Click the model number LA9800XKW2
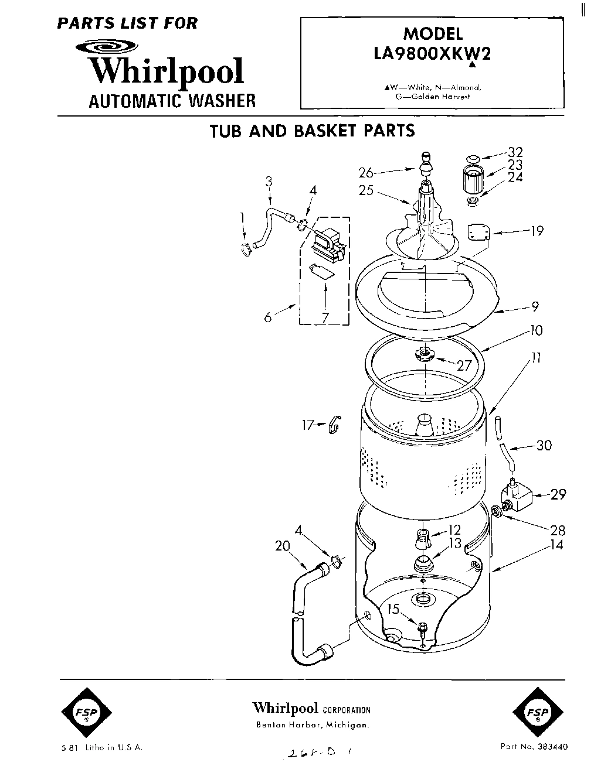(x=432, y=54)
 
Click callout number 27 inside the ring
(x=464, y=365)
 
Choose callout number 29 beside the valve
(x=558, y=495)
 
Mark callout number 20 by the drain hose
(x=283, y=545)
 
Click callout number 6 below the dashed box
(x=268, y=318)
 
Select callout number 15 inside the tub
(x=393, y=609)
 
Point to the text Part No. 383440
(x=534, y=747)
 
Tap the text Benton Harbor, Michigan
(x=312, y=725)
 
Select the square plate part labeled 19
(x=478, y=231)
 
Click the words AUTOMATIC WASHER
(x=172, y=101)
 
